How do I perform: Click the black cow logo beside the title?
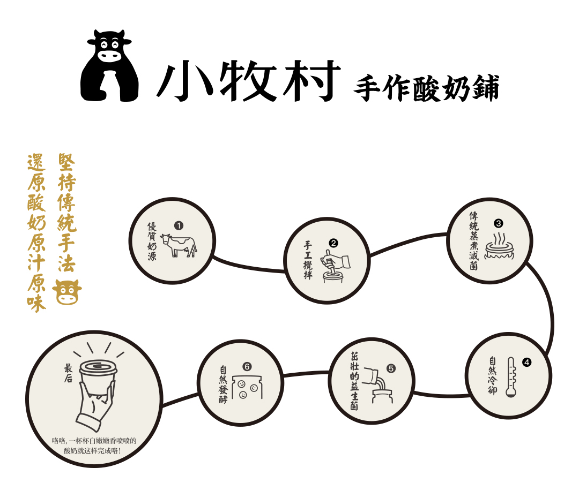110,66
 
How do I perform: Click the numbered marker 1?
179,225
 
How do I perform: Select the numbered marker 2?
333,243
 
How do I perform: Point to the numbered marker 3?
498,223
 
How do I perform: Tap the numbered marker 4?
526,362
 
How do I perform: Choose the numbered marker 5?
391,368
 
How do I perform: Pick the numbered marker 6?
247,367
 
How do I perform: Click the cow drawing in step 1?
179,245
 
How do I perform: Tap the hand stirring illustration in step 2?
335,266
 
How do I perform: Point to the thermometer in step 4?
511,377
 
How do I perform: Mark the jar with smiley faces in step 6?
247,388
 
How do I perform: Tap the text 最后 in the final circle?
68,373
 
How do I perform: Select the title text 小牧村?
249,80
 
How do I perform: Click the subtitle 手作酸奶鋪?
427,88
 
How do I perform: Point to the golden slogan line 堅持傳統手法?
67,213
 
